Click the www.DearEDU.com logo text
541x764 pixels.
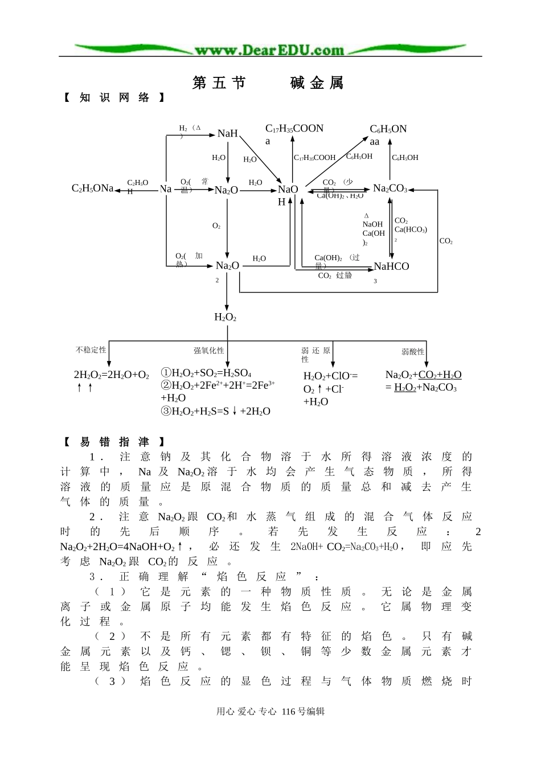point(269,50)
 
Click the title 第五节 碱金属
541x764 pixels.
point(268,83)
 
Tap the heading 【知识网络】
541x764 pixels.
point(114,98)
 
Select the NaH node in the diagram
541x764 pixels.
point(227,133)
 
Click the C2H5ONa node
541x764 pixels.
point(92,188)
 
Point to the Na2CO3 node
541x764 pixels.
point(390,188)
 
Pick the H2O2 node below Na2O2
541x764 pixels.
point(225,317)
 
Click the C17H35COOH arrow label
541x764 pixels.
point(314,158)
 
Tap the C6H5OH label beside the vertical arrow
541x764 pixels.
point(405,158)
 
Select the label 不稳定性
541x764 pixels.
point(91,350)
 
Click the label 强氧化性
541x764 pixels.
point(208,351)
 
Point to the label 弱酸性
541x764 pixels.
point(413,352)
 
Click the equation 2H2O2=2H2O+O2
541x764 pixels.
point(112,375)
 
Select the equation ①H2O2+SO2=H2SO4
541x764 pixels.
point(206,373)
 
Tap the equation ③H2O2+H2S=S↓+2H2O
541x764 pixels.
point(215,411)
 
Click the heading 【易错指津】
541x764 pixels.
point(114,442)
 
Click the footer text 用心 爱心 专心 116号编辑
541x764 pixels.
point(270,711)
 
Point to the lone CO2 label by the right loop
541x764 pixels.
point(446,241)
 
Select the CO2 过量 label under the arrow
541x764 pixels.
point(335,276)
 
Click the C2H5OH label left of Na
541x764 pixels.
point(137,187)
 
